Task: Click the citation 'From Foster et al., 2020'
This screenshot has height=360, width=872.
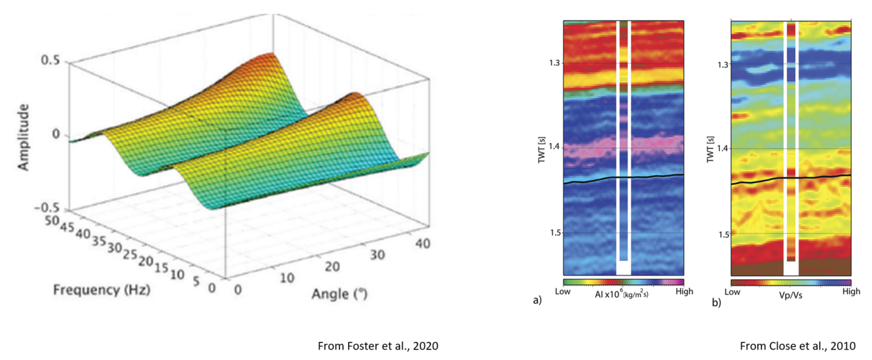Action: (x=378, y=345)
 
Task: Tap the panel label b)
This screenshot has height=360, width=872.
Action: (x=717, y=302)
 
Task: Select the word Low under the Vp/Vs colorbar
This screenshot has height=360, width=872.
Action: (x=739, y=292)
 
